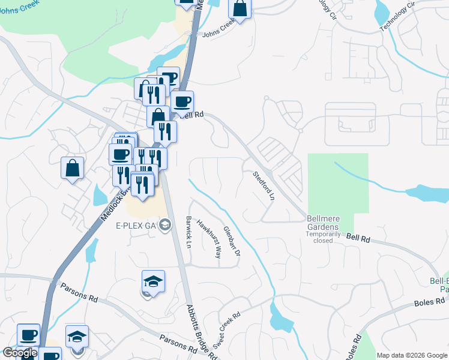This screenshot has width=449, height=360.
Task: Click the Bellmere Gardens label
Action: (322, 219)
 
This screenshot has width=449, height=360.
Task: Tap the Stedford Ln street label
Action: (262, 186)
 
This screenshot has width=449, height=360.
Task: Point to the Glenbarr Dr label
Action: (231, 242)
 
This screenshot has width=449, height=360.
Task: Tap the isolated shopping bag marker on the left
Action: (72, 169)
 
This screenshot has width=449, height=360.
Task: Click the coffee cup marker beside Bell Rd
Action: (182, 102)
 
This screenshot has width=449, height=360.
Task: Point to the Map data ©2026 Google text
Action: (412, 355)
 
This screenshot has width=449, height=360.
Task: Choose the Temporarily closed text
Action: (322, 234)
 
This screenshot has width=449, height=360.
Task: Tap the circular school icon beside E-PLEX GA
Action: (166, 226)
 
